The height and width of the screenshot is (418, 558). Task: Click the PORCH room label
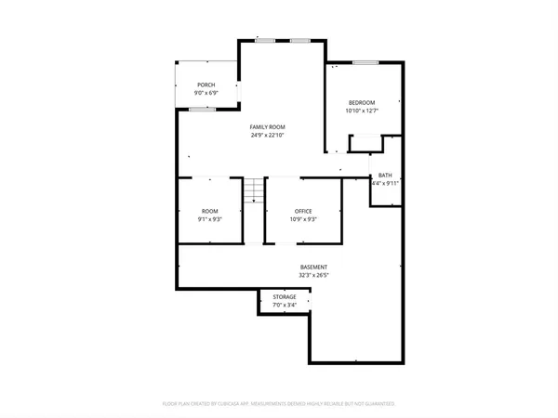[206, 85]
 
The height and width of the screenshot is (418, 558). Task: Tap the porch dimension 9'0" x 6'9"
[206, 94]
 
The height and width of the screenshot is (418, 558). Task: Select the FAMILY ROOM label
[267, 126]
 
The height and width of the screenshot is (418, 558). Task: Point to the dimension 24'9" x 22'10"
[267, 136]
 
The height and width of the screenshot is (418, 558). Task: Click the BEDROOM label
[362, 102]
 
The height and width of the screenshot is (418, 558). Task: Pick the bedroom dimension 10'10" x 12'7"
[362, 111]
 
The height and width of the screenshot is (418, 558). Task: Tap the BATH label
[385, 175]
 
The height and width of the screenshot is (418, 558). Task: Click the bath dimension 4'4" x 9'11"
[385, 183]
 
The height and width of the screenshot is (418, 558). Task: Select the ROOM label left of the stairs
[209, 211]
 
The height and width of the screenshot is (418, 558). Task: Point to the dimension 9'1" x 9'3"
[209, 220]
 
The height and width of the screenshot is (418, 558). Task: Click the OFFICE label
[304, 211]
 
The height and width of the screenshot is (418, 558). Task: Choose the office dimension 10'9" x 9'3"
[304, 220]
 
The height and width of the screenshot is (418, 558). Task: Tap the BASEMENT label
[313, 267]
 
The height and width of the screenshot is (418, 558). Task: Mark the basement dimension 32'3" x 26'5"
[313, 276]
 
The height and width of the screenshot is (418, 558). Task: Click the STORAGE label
[285, 297]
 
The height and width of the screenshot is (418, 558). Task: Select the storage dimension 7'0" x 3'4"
[285, 306]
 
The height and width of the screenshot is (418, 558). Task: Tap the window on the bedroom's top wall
[365, 62]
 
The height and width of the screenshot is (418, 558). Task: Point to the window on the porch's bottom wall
[197, 110]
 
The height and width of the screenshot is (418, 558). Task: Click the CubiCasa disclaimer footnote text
[279, 404]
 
